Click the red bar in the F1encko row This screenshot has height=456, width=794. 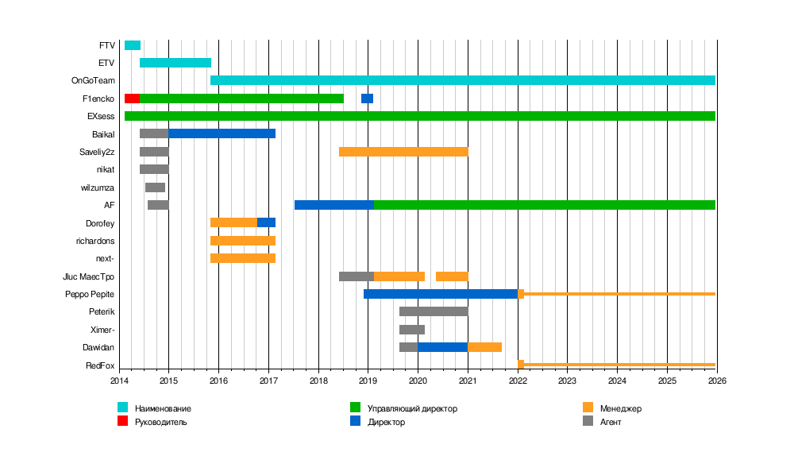click(x=132, y=99)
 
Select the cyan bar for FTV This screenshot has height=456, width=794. click(x=133, y=45)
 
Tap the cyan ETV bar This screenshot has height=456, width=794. click(x=175, y=63)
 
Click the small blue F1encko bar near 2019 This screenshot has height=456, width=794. click(x=367, y=99)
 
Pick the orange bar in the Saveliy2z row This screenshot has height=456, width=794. click(x=403, y=152)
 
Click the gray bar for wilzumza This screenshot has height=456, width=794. click(x=155, y=187)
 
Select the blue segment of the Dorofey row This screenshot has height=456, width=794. click(x=266, y=222)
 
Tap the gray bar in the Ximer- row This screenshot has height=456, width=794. click(x=412, y=329)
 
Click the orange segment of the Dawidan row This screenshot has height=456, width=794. click(x=484, y=347)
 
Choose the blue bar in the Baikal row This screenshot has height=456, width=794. click(x=222, y=133)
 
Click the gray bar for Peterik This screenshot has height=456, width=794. click(x=434, y=311)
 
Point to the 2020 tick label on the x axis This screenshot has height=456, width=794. click(x=418, y=381)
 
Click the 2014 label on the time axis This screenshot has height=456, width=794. click(x=119, y=381)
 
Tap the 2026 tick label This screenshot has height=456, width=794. click(x=717, y=381)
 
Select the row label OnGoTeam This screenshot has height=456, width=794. click(x=93, y=81)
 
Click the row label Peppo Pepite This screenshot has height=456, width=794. click(x=90, y=294)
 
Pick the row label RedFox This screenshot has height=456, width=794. click(x=100, y=365)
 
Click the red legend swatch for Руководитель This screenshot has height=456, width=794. click(x=122, y=422)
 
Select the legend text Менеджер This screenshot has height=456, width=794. click(x=621, y=408)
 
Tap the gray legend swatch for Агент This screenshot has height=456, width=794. click(x=588, y=422)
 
